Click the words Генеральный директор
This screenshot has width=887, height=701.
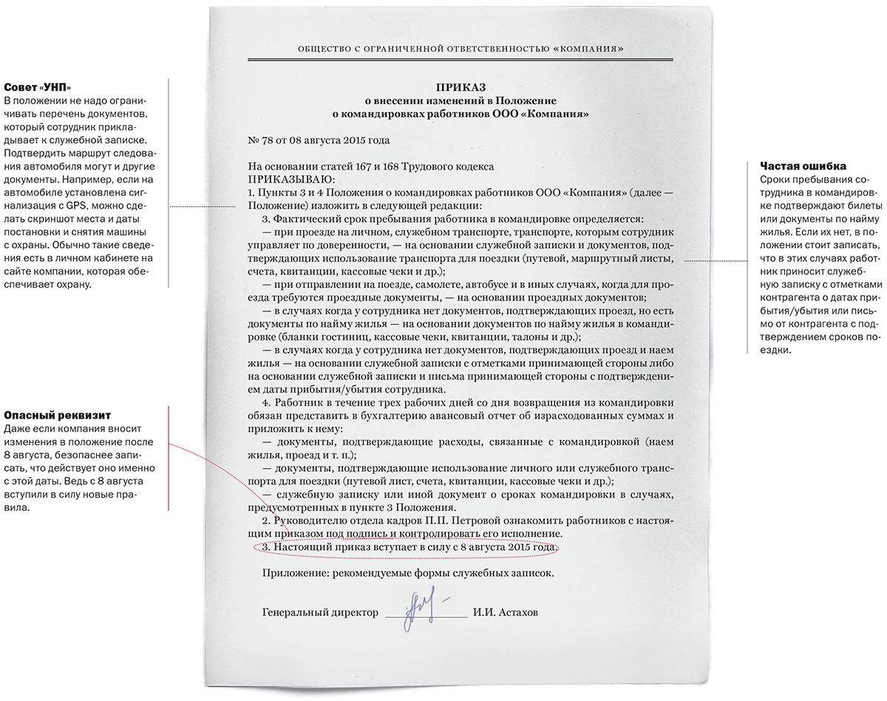320,613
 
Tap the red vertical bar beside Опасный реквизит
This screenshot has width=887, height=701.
169,458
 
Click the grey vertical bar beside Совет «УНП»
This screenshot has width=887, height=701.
169,183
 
